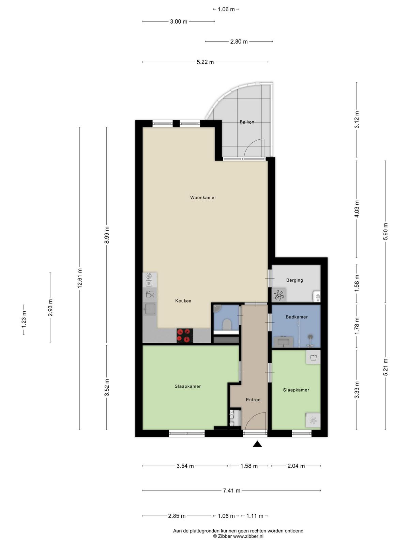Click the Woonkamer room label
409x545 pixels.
(x=203, y=198)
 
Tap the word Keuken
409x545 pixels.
(x=183, y=301)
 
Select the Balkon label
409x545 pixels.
(x=246, y=122)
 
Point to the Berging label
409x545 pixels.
(x=294, y=280)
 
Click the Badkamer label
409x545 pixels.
(x=296, y=317)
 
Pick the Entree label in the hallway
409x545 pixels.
(x=253, y=400)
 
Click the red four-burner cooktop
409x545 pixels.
(x=185, y=336)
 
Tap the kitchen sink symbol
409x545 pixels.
(x=150, y=309)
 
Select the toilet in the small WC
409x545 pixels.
(x=226, y=325)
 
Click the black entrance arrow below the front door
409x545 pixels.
(x=257, y=444)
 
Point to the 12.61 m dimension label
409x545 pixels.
(x=80, y=278)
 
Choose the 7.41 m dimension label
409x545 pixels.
(x=231, y=490)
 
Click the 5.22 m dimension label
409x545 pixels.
(x=205, y=62)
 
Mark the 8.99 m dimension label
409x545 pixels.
(x=107, y=235)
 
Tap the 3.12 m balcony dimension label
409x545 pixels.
(x=357, y=120)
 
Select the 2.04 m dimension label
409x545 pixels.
(x=296, y=466)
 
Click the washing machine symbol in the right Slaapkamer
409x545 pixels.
(x=313, y=358)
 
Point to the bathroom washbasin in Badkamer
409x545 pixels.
(x=283, y=342)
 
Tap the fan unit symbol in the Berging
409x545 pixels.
(x=278, y=295)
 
